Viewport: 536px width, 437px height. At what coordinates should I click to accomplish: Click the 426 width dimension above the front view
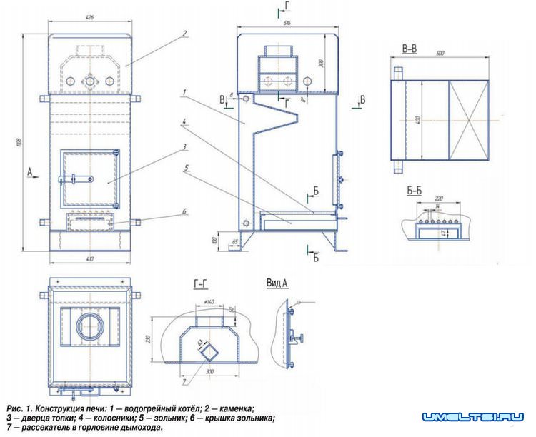[90, 16]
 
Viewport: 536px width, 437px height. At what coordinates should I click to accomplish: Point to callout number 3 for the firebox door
[184, 146]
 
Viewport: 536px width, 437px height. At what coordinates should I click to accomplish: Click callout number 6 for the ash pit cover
[184, 211]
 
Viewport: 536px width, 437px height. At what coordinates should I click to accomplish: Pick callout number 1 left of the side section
[184, 92]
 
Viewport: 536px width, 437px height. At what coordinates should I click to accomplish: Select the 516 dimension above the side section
[287, 24]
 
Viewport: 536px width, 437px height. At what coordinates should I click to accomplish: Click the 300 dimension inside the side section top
[322, 64]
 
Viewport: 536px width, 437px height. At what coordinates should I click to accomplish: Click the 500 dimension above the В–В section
[441, 54]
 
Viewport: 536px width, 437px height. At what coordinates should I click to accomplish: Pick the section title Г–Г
[202, 284]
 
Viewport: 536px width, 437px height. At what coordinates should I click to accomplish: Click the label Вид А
[277, 283]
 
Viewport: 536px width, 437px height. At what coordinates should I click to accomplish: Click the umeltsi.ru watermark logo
[473, 416]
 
